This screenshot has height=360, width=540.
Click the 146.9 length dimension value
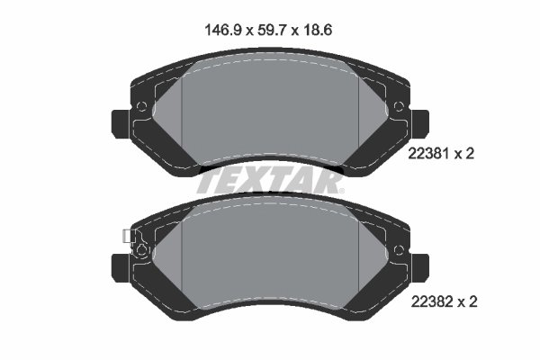(x=224, y=31)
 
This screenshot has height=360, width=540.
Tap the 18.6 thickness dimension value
(x=318, y=31)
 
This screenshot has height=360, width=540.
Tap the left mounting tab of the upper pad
(x=121, y=124)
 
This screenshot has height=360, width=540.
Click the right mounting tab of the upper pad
(x=419, y=124)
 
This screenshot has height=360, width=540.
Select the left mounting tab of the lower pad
(x=121, y=269)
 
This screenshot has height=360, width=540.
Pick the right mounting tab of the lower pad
(x=419, y=269)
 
